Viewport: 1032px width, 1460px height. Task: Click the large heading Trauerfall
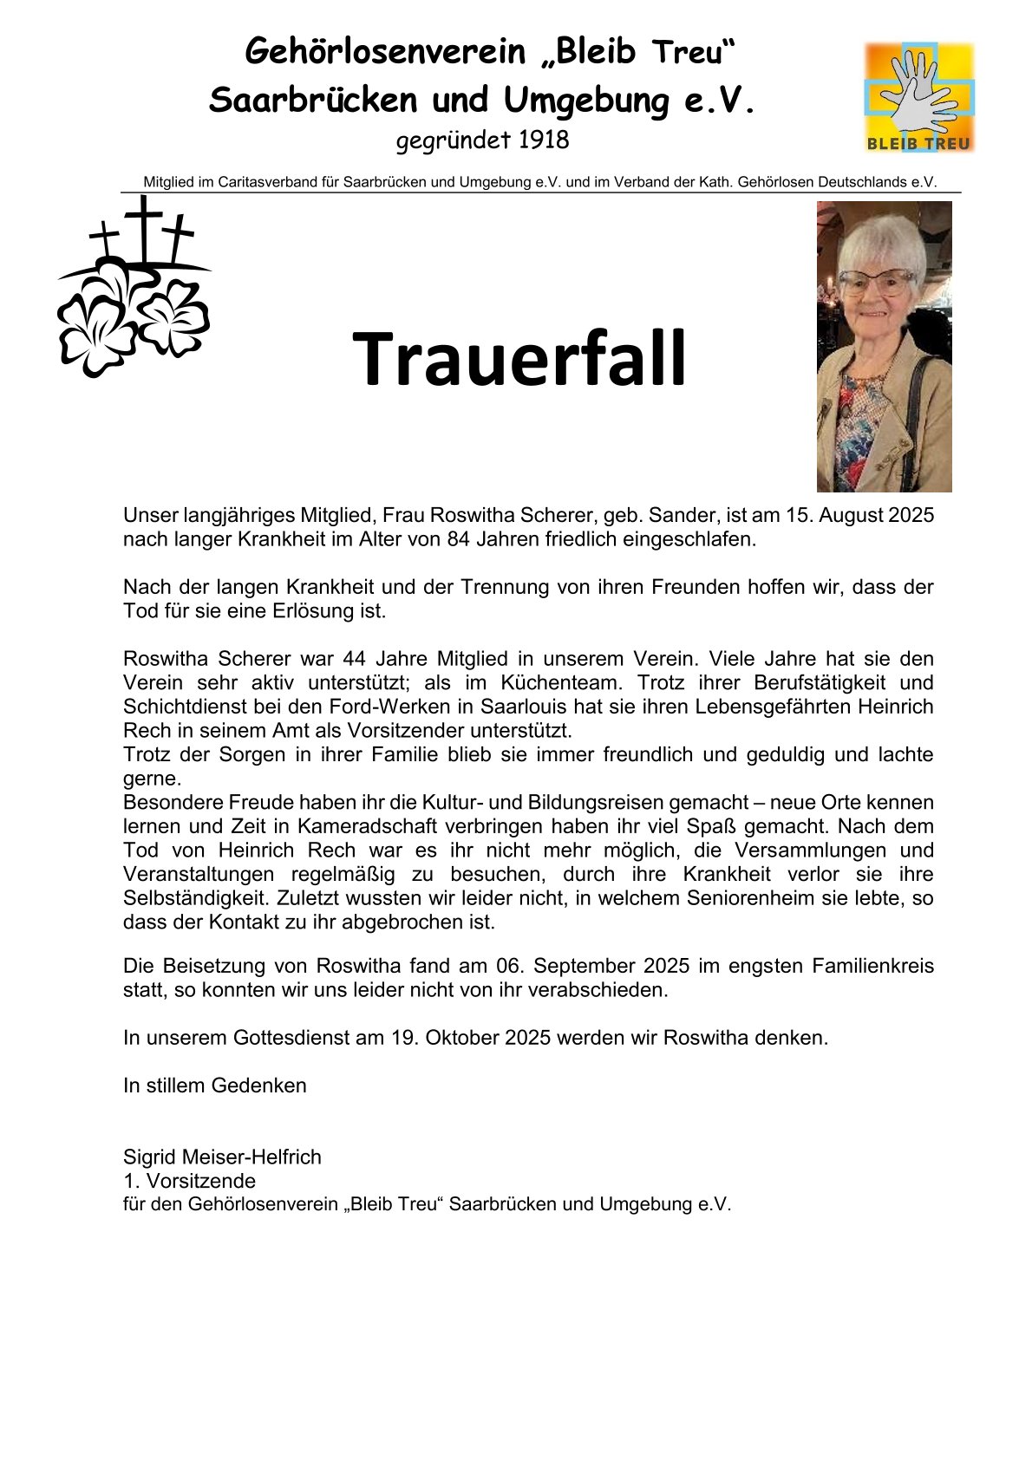click(519, 359)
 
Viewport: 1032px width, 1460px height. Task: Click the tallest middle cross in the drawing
click(143, 225)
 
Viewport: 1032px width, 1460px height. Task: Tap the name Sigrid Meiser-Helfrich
click(222, 1157)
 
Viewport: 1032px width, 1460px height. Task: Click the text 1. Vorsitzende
click(189, 1181)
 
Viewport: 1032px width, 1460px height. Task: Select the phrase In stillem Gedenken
click(214, 1085)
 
